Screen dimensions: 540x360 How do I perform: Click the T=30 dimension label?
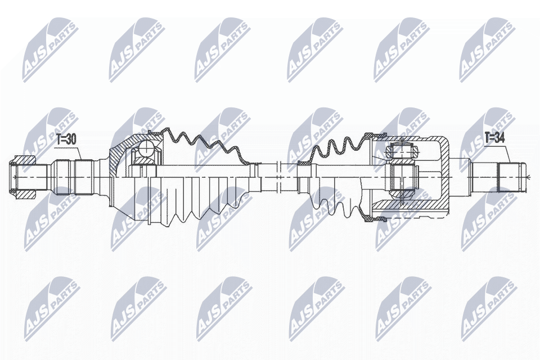tap(66, 139)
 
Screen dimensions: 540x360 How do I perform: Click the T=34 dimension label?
tap(494, 138)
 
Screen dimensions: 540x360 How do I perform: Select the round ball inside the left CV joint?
tap(146, 150)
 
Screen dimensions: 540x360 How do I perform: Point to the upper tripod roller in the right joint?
tap(402, 151)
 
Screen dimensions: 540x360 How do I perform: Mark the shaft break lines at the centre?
tap(280, 177)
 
